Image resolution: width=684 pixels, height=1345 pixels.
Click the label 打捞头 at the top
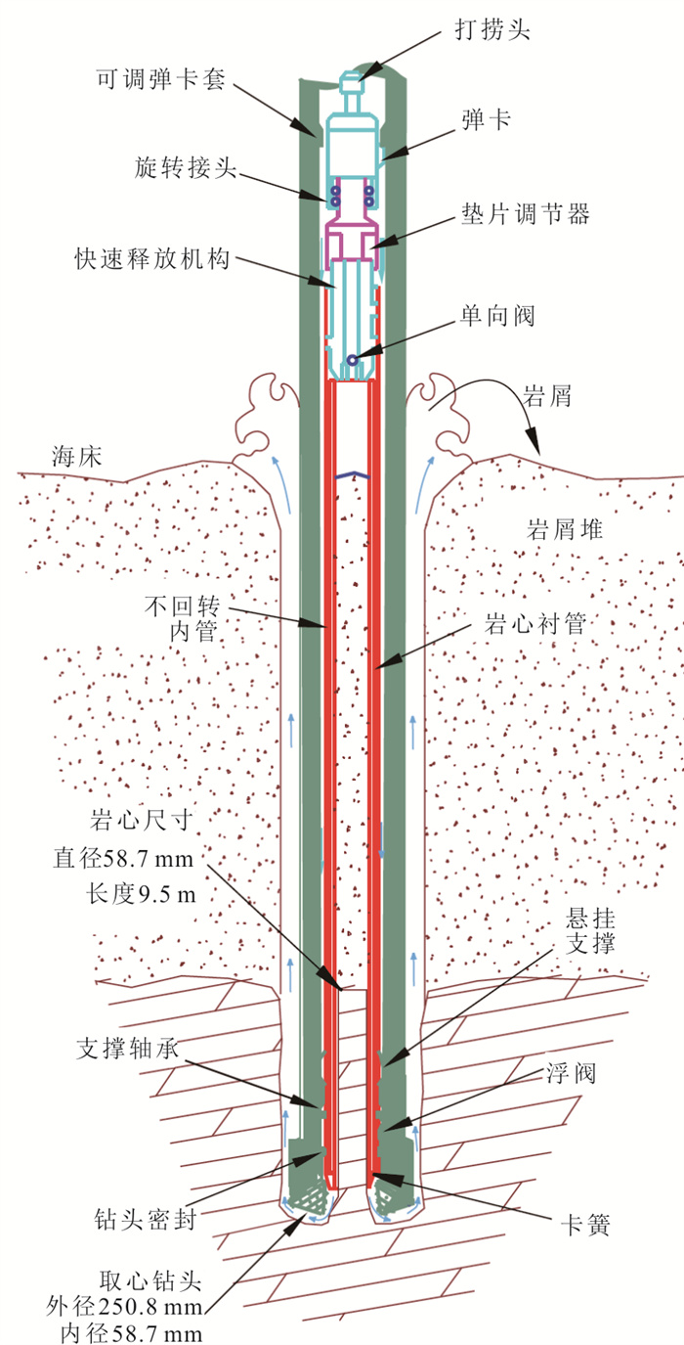[x=492, y=28]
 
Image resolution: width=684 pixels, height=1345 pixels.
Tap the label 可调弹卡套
[x=161, y=78]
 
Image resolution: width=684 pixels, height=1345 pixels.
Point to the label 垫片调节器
[x=526, y=214]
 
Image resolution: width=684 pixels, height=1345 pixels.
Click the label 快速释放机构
[x=152, y=259]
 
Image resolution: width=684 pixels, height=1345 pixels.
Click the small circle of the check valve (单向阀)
[x=352, y=360]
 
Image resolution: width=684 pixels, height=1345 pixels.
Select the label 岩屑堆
[x=565, y=529]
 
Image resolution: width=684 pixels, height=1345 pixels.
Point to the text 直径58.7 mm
[x=123, y=858]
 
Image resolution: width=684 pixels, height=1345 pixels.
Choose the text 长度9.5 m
[x=141, y=894]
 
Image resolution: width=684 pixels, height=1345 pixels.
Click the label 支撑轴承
[x=128, y=1049]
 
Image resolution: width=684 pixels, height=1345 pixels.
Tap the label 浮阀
[x=571, y=1073]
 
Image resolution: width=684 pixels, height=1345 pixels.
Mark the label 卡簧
[x=585, y=1225]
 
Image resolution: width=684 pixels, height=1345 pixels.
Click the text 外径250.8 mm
[x=124, y=1306]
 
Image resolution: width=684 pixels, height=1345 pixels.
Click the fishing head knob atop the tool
[x=352, y=83]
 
